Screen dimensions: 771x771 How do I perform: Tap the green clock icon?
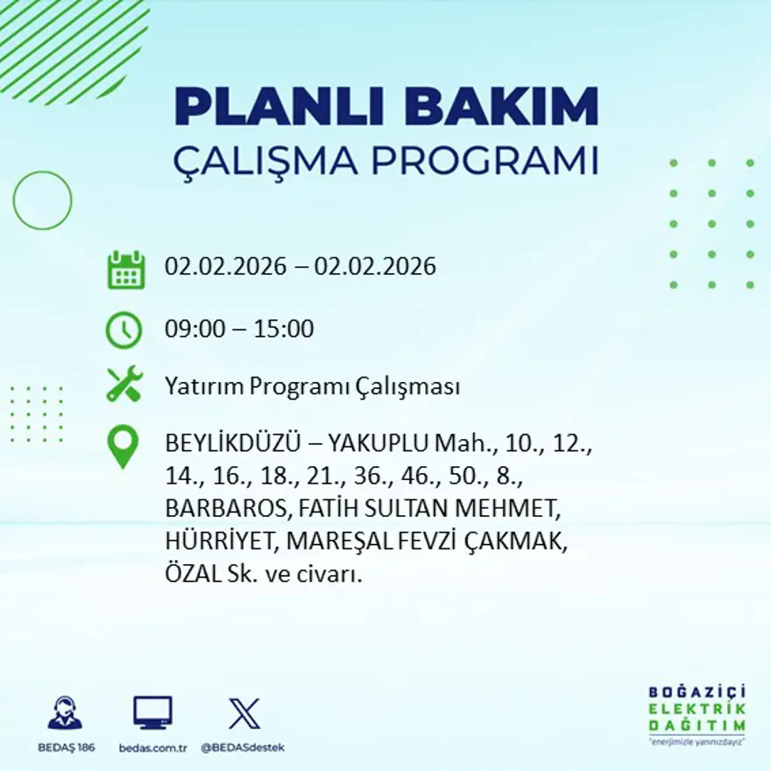124,330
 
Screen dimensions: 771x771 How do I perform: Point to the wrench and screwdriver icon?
124,385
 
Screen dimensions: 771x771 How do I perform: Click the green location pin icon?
123,445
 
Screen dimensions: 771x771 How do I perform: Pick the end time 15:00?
284,329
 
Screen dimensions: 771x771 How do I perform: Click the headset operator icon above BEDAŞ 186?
65,713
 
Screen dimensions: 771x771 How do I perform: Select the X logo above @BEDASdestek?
244,713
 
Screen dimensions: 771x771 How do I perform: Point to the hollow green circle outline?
42,201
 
